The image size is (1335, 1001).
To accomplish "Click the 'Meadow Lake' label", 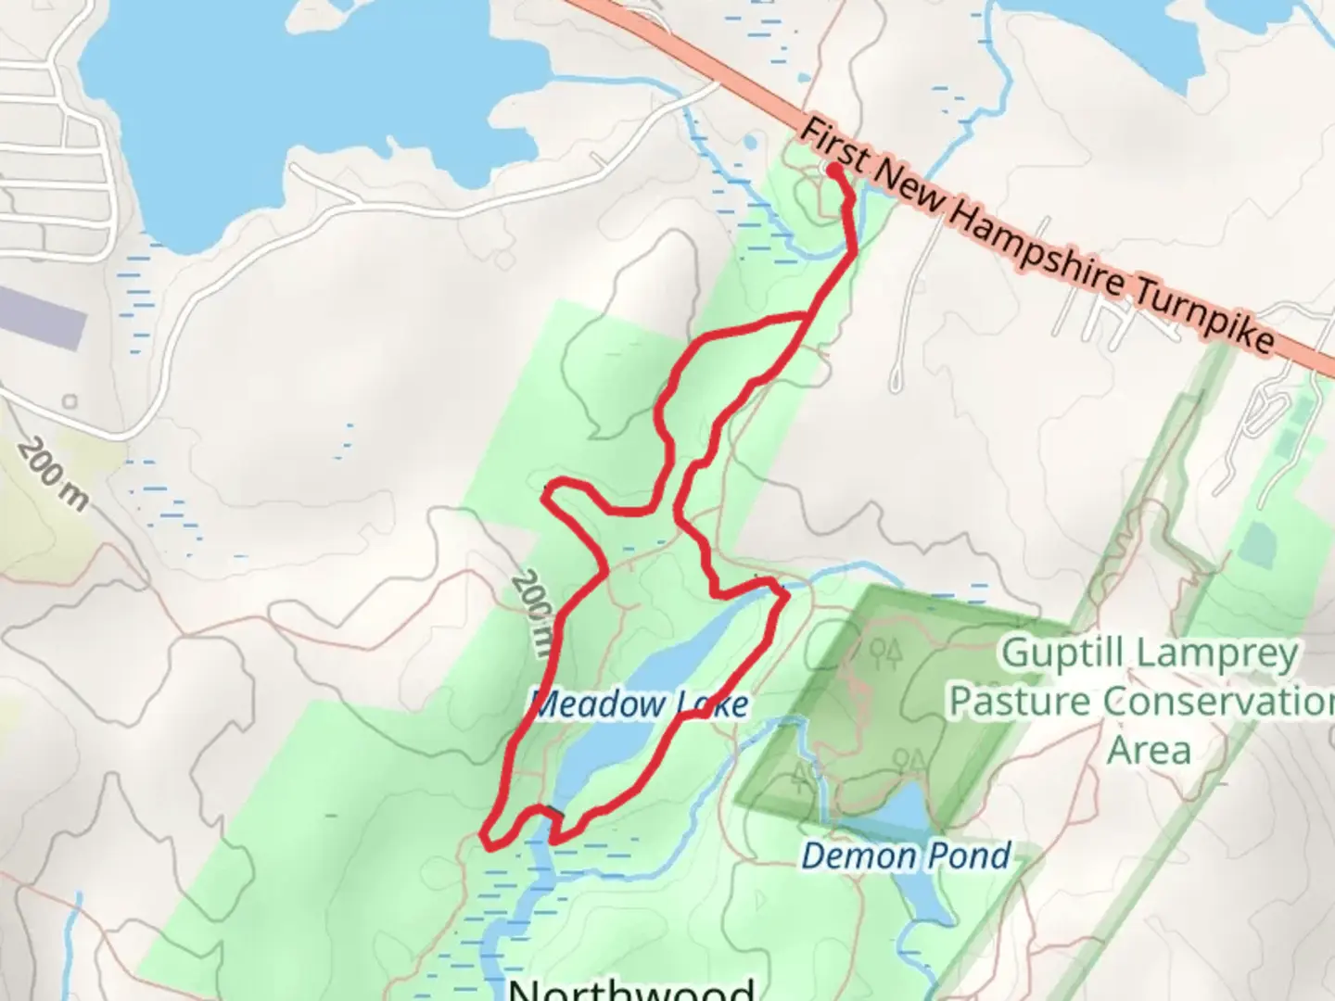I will click(641, 704).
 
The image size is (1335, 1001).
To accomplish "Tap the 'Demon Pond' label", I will click(905, 855).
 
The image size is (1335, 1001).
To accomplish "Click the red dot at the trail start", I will click(833, 171).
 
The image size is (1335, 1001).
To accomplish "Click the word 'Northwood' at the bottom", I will click(630, 988).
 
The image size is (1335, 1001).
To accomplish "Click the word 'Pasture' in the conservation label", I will click(1023, 702).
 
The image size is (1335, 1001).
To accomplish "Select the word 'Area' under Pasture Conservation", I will click(1149, 749).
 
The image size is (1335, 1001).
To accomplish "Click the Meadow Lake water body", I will click(649, 667).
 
